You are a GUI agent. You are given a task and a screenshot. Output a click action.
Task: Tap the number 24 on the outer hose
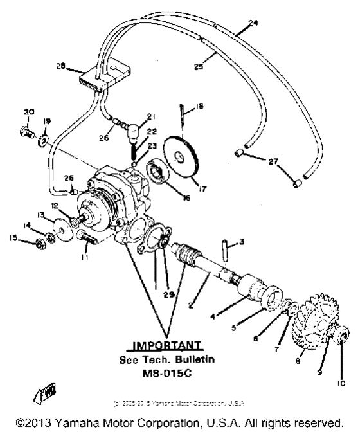pos(253,23)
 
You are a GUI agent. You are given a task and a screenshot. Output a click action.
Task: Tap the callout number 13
pos(41,215)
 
